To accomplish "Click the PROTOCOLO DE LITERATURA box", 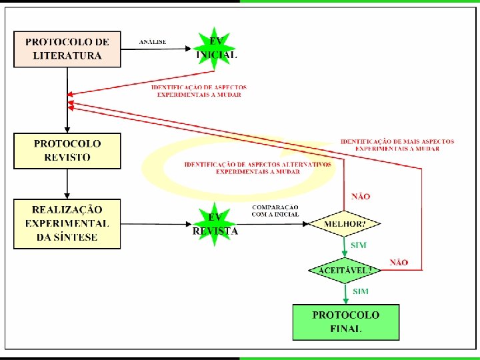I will pos(67,49).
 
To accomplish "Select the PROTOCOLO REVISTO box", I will pos(67,151).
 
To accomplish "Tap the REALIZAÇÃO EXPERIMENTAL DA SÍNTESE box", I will pos(67,224).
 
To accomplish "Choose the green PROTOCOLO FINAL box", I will pos(346,322).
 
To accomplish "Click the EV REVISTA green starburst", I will pos(215,224).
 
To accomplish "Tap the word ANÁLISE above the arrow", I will pos(153,42).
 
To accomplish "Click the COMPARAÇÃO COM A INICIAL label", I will pos(275,211).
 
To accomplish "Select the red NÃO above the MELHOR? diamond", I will pos(361,197).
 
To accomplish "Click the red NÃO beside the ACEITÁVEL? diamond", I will pos(399,263).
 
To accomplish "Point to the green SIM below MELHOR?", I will pos(359,245).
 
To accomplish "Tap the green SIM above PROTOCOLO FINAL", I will pos(361,291).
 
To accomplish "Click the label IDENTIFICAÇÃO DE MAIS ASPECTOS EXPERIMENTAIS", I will pos(397,145).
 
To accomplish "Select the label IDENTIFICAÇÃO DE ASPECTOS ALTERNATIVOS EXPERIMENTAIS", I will pos(257,167).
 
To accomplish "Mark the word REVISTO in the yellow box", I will pos(67,158).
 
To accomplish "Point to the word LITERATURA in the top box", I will pos(67,56).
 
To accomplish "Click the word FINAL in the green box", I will pos(346,329).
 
